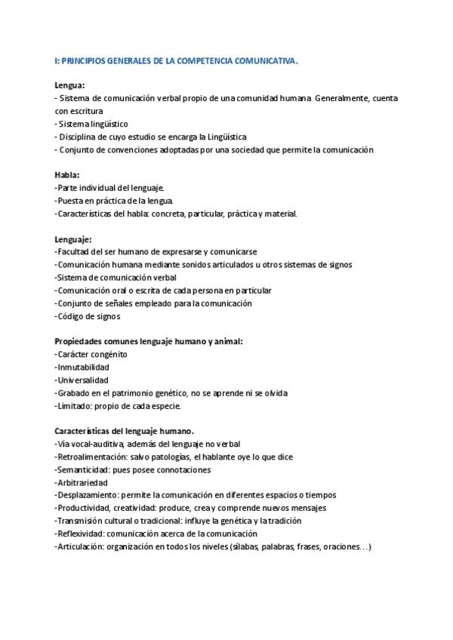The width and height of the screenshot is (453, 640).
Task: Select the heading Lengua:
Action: point(70,86)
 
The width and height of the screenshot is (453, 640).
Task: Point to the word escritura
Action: point(90,111)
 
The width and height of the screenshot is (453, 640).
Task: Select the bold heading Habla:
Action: point(68,175)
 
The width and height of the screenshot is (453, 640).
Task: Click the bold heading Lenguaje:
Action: point(73,239)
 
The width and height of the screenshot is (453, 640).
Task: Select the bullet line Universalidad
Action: point(82,380)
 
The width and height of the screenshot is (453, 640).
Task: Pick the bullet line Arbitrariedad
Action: point(82,482)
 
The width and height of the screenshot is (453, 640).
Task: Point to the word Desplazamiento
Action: point(87,495)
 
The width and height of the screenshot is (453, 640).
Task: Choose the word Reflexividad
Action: point(80,534)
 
